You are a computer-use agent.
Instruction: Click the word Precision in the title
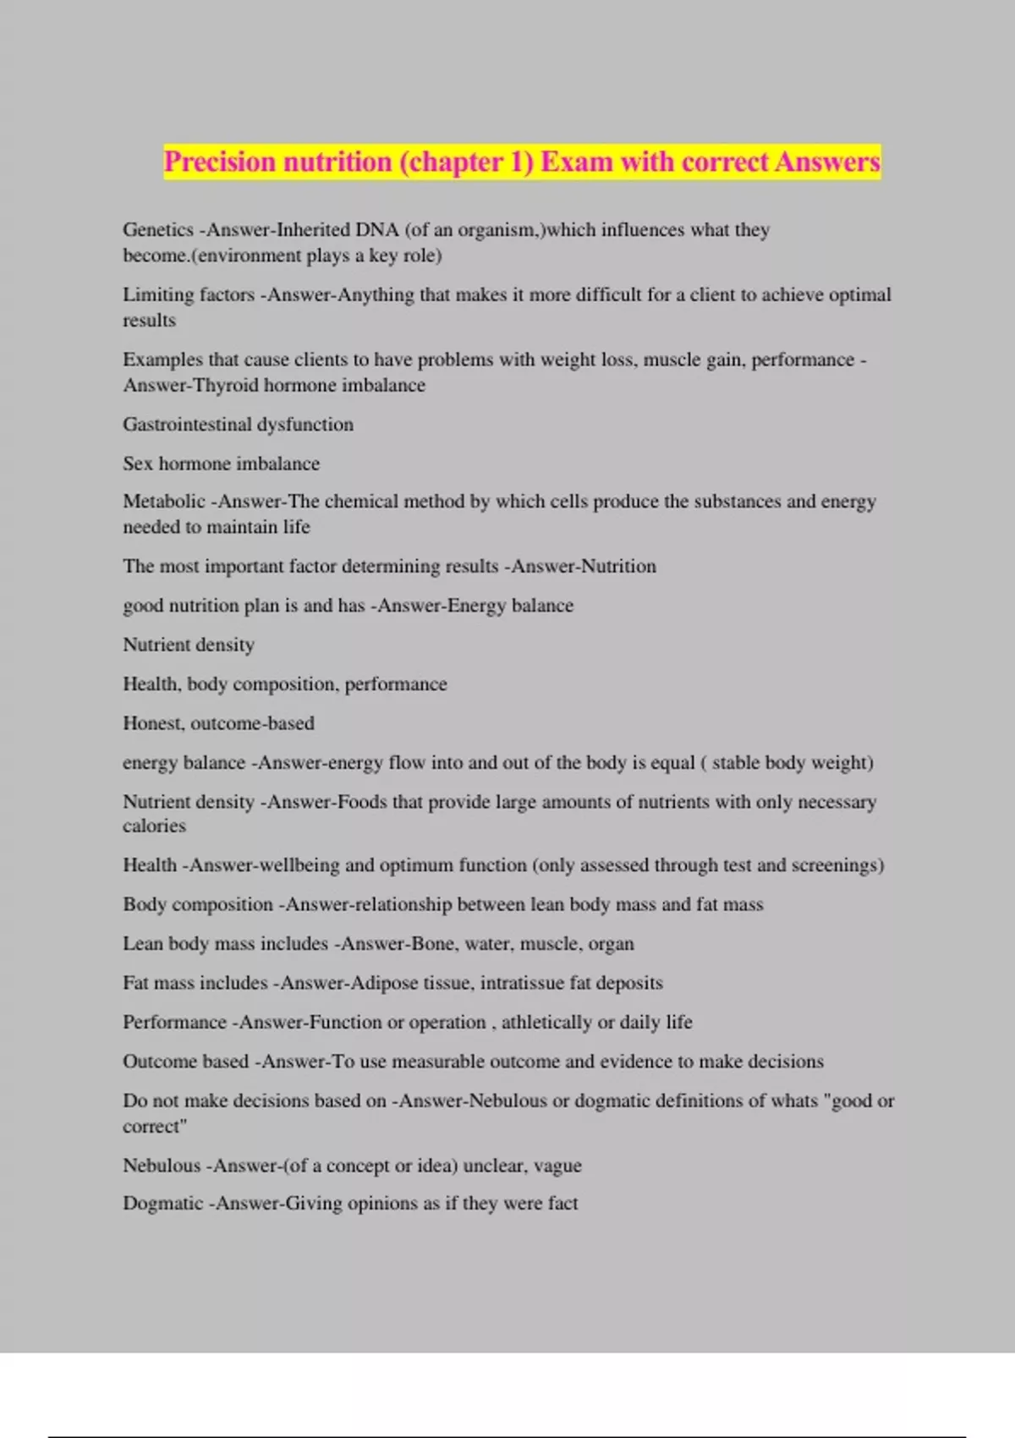219,162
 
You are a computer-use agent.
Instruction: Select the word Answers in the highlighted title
826,162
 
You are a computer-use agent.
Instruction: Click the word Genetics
158,230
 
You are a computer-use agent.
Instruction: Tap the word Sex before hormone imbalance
138,464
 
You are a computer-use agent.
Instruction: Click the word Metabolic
164,502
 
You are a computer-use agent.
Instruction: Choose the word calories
154,826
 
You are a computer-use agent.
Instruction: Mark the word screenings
837,865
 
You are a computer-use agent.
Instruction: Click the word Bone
433,944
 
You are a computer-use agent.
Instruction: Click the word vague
557,1166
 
